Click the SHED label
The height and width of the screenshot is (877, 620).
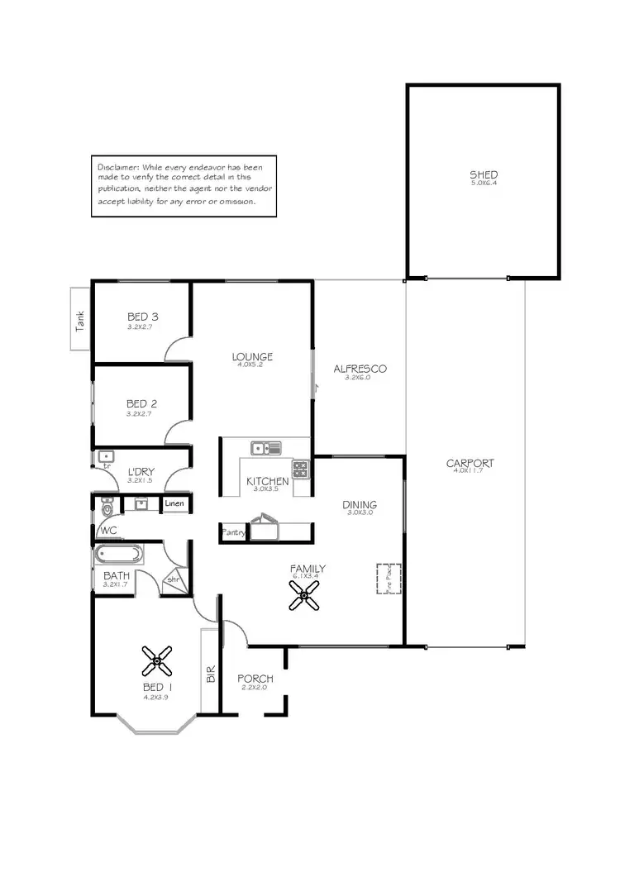point(484,175)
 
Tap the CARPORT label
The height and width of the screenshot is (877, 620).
point(470,463)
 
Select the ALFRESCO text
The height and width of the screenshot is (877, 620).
point(360,369)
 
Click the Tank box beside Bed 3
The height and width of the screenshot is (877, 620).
point(79,319)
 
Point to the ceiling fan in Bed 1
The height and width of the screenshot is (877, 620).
point(156,660)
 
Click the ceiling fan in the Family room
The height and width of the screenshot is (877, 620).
point(304,595)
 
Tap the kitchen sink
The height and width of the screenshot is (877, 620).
point(265,448)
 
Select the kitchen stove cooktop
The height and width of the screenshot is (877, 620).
point(300,470)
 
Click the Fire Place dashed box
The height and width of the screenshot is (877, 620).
point(389,579)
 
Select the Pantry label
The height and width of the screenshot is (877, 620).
point(233,533)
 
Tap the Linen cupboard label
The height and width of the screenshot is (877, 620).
point(174,503)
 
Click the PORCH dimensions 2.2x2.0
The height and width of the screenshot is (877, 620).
point(255,688)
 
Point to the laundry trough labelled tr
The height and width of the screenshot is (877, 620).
point(106,459)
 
